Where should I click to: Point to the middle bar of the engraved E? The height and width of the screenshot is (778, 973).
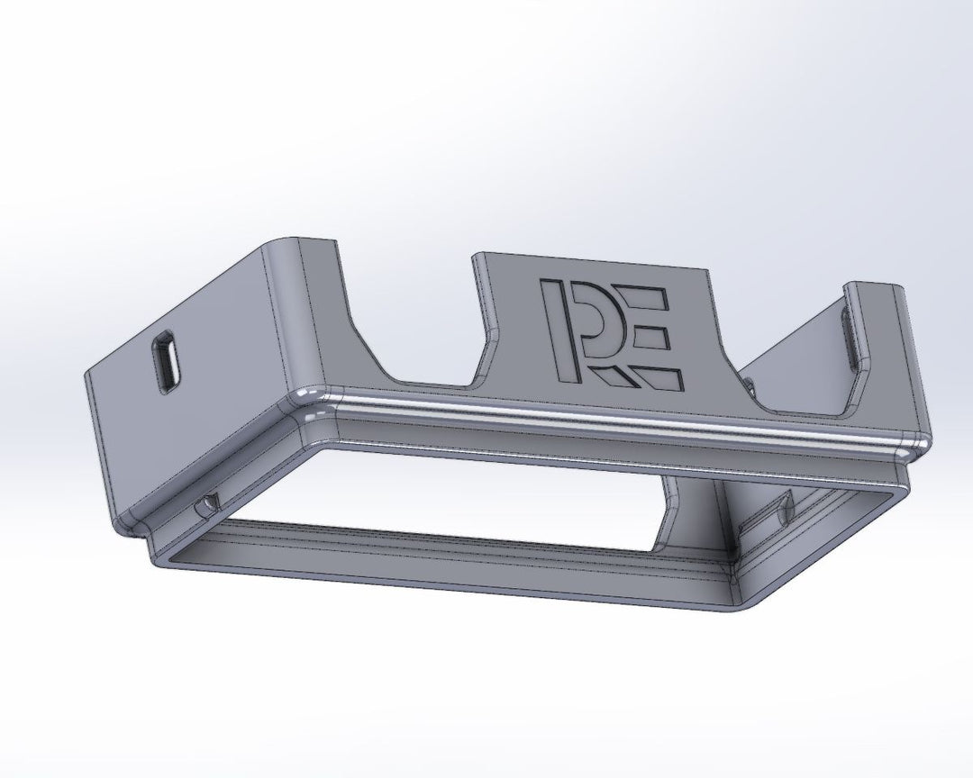[647, 337]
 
